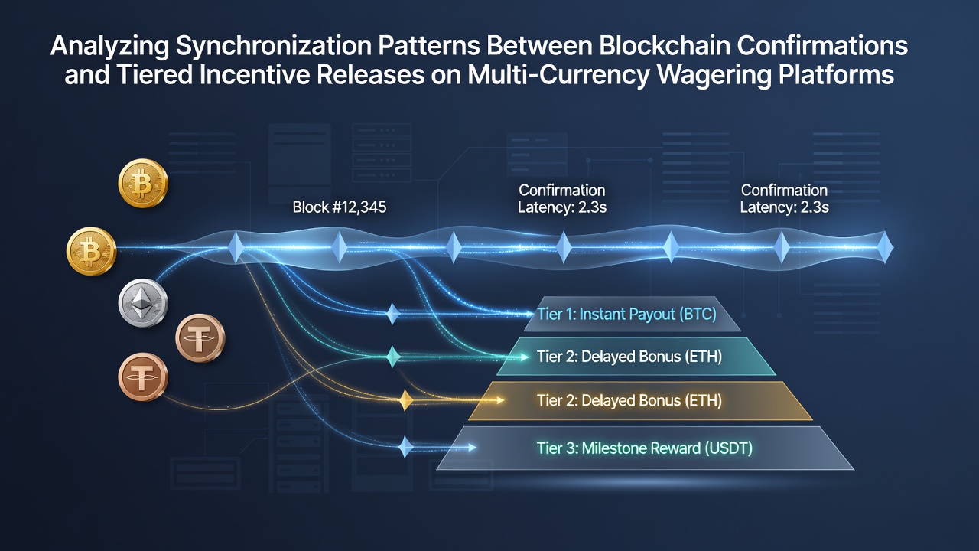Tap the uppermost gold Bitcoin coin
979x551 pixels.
click(143, 183)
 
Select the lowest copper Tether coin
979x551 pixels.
click(143, 377)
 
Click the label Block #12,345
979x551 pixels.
click(339, 207)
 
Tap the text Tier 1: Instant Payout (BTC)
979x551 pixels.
click(626, 314)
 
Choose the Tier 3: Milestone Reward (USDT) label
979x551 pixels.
click(645, 448)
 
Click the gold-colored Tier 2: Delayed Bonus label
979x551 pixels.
click(629, 400)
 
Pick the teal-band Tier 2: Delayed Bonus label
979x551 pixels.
click(629, 357)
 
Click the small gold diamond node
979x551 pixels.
click(405, 400)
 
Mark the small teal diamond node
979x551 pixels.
click(393, 357)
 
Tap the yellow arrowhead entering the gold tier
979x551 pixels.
click(499, 399)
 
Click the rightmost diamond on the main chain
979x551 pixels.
click(886, 247)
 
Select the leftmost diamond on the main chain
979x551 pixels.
click(236, 247)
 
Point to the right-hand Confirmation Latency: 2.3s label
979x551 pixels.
click(784, 198)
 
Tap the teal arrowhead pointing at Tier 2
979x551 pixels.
click(525, 357)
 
